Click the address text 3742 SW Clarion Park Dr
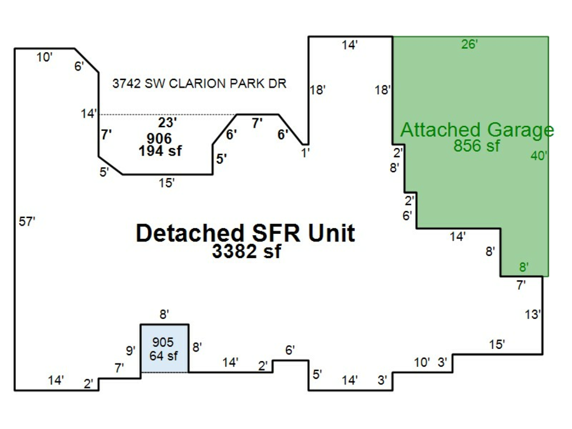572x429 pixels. click(199, 83)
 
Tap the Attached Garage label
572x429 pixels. click(477, 130)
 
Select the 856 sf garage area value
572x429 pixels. click(477, 146)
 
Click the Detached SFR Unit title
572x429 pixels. click(245, 233)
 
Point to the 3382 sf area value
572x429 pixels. click(247, 251)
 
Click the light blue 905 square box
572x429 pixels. click(165, 348)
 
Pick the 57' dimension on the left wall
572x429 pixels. click(27, 221)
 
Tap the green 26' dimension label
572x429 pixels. click(470, 44)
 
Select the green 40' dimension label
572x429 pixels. click(539, 156)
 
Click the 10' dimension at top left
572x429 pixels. click(44, 57)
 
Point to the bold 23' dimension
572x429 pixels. click(167, 122)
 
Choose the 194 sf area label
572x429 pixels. click(160, 151)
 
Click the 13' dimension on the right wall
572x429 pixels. click(533, 315)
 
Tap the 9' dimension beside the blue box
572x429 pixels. click(130, 351)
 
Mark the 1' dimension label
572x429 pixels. click(305, 153)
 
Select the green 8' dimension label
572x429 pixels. click(524, 267)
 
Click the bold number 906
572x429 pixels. click(160, 139)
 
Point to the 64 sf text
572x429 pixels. click(163, 355)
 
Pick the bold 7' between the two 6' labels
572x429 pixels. click(257, 123)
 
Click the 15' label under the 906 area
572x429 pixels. click(167, 183)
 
